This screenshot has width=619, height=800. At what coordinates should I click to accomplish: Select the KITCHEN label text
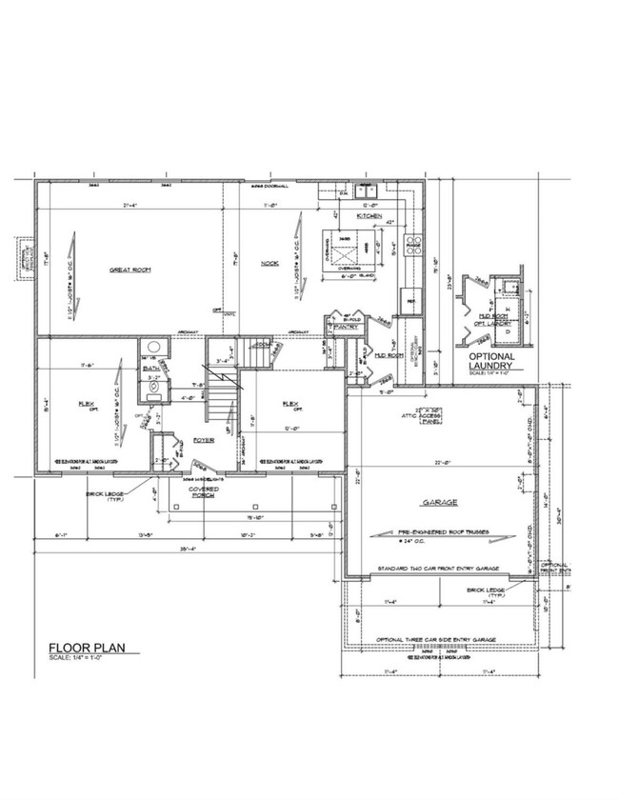tap(369, 217)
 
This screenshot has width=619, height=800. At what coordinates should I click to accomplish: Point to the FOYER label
tap(203, 440)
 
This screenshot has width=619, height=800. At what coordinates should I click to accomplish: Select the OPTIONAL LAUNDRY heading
tap(492, 361)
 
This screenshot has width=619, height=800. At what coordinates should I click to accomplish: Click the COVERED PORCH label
tap(203, 492)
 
